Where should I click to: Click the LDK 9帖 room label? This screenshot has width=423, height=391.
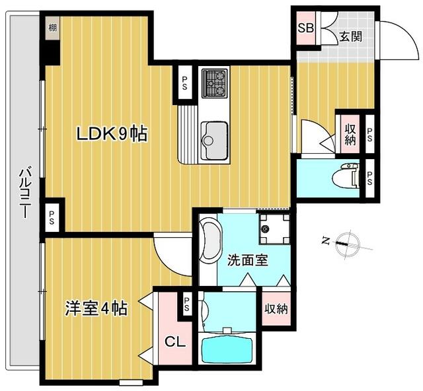pyautogui.click(x=112, y=134)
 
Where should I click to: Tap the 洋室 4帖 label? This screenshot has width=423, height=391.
pyautogui.click(x=96, y=308)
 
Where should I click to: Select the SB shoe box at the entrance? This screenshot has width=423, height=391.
pyautogui.click(x=305, y=28)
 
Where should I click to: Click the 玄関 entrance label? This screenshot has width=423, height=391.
pyautogui.click(x=350, y=36)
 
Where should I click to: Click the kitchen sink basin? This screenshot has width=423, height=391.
pyautogui.click(x=214, y=141)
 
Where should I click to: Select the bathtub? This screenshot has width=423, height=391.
pyautogui.click(x=227, y=350)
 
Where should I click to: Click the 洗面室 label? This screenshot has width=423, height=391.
pyautogui.click(x=247, y=260)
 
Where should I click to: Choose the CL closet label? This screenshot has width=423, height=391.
pyautogui.click(x=175, y=342)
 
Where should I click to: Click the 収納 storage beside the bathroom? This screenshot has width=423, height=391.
pyautogui.click(x=276, y=309)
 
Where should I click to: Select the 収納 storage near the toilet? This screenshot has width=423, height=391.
pyautogui.click(x=350, y=134)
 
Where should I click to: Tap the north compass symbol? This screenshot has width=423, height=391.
pyautogui.click(x=348, y=243)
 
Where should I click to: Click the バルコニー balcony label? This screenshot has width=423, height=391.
pyautogui.click(x=25, y=193)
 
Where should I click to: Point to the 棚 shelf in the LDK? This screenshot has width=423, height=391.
pyautogui.click(x=53, y=28)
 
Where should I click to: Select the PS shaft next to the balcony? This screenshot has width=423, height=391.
pyautogui.click(x=52, y=217)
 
